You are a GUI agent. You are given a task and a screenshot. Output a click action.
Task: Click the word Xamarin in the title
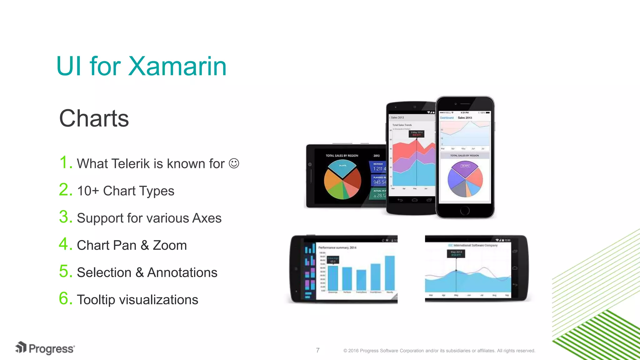[177, 66]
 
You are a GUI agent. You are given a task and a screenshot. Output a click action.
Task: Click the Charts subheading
[94, 118]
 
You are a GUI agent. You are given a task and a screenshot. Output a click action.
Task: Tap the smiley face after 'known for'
[234, 163]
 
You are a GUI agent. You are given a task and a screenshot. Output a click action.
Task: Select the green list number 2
[65, 190]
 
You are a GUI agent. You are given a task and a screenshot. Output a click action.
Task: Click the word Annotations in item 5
[182, 272]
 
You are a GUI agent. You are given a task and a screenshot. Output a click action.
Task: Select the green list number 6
[65, 298]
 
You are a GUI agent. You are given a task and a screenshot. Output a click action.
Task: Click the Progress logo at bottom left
[45, 348]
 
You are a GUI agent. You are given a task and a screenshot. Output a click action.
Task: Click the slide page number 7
[318, 350]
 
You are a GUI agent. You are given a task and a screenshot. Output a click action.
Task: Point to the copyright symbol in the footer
[345, 351]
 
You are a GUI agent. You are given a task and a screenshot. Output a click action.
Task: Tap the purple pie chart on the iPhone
[465, 179]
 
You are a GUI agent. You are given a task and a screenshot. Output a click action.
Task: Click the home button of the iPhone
[465, 211]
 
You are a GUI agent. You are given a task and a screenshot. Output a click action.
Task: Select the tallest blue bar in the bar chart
[389, 273]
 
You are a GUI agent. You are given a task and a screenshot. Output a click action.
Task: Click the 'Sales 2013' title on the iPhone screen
[465, 118]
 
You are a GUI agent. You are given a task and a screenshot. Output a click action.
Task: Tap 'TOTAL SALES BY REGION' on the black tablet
[342, 156]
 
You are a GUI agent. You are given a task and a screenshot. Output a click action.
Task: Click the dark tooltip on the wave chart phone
[456, 253]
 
